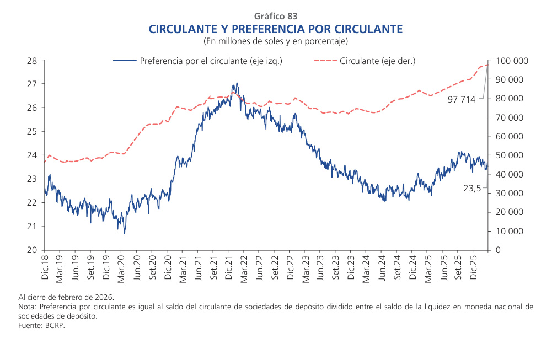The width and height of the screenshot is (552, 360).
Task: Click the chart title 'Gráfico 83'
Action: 276,17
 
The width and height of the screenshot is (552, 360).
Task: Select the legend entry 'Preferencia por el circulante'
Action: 211,61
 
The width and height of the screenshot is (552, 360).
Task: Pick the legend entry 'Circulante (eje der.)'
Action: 377,61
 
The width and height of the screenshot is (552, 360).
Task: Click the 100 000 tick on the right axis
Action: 512,61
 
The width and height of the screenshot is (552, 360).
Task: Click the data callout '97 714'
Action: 461,99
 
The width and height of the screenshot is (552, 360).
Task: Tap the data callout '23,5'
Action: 472,188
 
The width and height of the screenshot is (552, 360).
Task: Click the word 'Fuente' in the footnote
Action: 29,325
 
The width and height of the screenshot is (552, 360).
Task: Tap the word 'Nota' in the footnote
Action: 26,307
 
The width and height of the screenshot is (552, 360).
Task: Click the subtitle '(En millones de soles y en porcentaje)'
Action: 276,41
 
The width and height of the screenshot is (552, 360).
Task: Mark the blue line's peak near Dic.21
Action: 237,84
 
